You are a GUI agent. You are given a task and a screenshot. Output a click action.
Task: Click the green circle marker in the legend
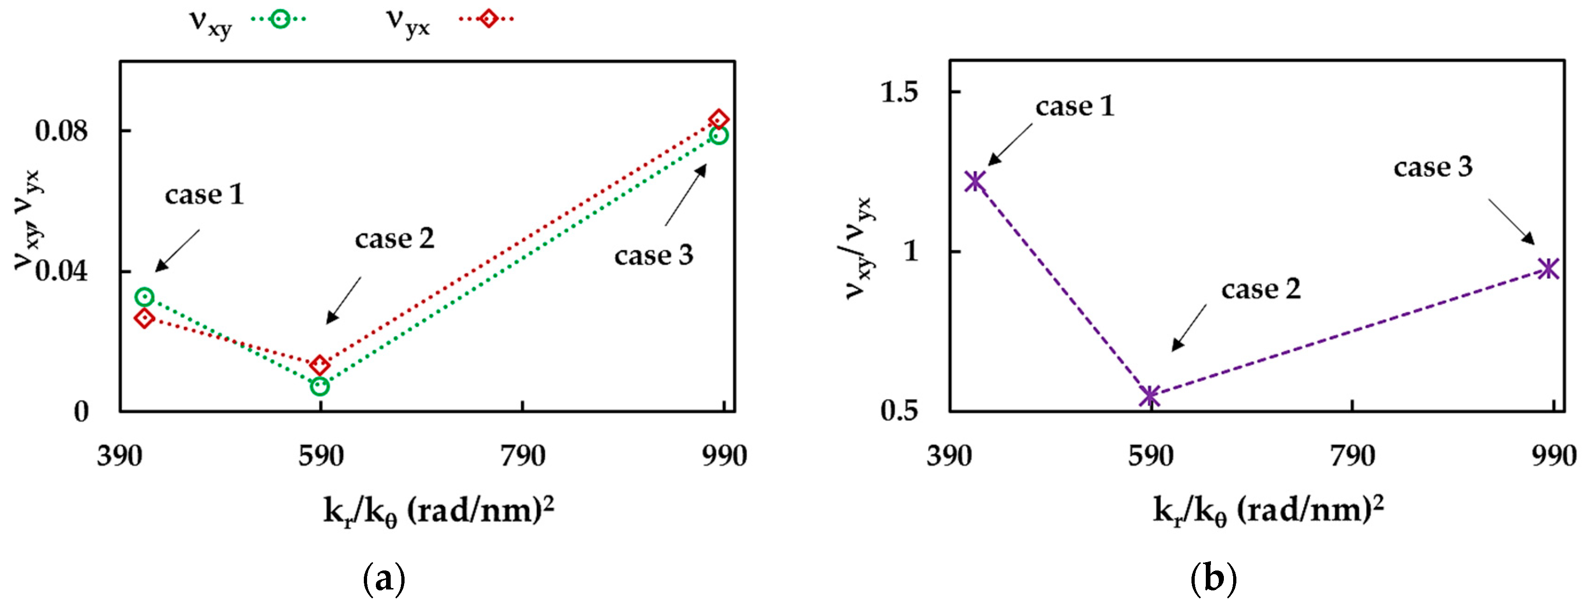280,19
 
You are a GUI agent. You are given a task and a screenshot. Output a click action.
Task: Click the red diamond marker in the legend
487,19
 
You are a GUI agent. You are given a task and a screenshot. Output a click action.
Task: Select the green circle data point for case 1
144,297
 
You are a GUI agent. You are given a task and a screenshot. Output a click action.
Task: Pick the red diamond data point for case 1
144,318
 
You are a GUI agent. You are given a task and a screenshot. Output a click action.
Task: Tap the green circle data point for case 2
320,386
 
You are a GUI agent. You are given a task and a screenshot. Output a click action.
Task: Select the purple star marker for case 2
1149,396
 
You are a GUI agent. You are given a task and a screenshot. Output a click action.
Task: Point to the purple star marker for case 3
1548,268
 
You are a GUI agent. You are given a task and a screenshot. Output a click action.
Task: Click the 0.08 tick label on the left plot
62,131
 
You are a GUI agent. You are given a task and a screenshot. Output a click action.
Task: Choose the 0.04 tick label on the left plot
62,272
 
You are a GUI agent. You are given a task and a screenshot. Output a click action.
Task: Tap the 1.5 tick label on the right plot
899,92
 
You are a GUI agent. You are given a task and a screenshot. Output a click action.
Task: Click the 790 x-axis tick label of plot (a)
522,456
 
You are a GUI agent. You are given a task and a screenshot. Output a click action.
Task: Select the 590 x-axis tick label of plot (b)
1150,456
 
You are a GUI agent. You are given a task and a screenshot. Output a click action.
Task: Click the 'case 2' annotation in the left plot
394,239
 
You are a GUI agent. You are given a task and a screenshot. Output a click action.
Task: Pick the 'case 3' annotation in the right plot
1433,167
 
